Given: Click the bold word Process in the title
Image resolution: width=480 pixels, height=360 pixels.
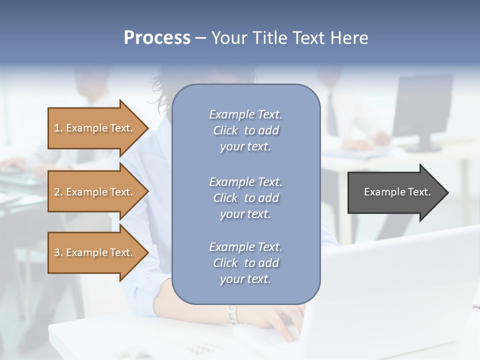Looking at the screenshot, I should click(x=157, y=38).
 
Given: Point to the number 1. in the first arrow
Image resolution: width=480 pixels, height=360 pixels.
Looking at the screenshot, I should click(x=58, y=128).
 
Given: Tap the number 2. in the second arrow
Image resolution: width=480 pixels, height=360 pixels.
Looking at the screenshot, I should click(x=58, y=192).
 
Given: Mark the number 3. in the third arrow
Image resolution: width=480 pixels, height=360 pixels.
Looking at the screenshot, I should click(x=58, y=252).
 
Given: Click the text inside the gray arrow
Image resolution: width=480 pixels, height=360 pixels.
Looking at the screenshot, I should click(x=397, y=192).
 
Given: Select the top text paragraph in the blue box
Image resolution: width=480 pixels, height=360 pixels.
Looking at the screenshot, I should click(x=245, y=130).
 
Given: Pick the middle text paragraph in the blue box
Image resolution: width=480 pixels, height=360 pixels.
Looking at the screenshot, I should click(x=245, y=198).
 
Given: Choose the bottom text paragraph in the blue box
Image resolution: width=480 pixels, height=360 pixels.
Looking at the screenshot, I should click(x=245, y=263).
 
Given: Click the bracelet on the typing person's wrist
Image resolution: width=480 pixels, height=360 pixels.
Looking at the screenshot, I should click(x=231, y=314).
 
